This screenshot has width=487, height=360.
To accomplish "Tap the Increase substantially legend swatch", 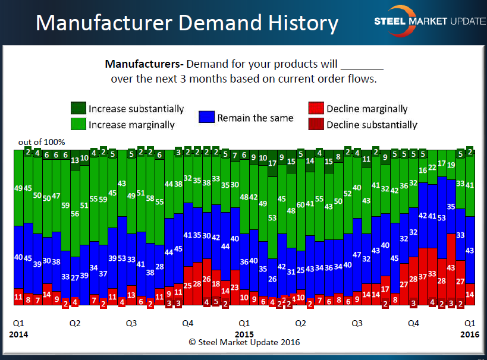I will [77, 109].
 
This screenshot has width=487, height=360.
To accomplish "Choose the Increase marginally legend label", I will [131, 125].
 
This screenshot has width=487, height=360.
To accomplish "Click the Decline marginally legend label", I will [367, 109].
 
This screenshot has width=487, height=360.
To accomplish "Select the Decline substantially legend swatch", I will [316, 125].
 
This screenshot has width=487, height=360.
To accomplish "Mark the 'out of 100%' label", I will [42, 142].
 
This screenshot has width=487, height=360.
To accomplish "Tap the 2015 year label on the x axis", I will [244, 334].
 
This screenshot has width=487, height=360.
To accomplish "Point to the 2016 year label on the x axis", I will [470, 334].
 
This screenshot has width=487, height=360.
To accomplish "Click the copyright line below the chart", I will [244, 342].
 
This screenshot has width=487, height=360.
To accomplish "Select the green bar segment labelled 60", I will [301, 204].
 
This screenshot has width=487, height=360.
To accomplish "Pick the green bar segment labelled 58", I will [150, 199].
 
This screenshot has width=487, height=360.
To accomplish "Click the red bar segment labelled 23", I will [234, 287].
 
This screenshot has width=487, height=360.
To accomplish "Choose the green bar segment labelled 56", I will [75, 214].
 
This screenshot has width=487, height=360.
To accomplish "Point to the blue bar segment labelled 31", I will [291, 271].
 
